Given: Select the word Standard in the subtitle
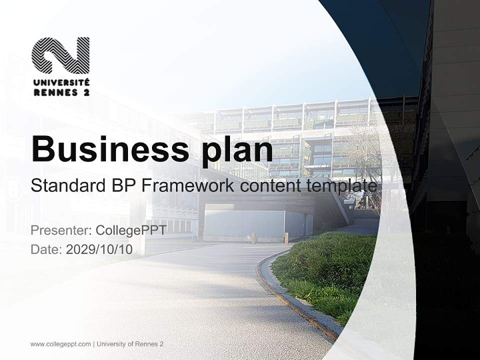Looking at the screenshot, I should click(x=68, y=186).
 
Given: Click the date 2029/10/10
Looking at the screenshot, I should click(x=99, y=249).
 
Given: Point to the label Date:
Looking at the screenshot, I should click(x=46, y=249).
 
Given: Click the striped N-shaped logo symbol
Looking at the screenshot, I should click(x=60, y=55).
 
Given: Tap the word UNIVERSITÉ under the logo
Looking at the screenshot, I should click(x=61, y=82).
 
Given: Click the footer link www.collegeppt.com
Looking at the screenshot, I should click(x=60, y=344).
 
